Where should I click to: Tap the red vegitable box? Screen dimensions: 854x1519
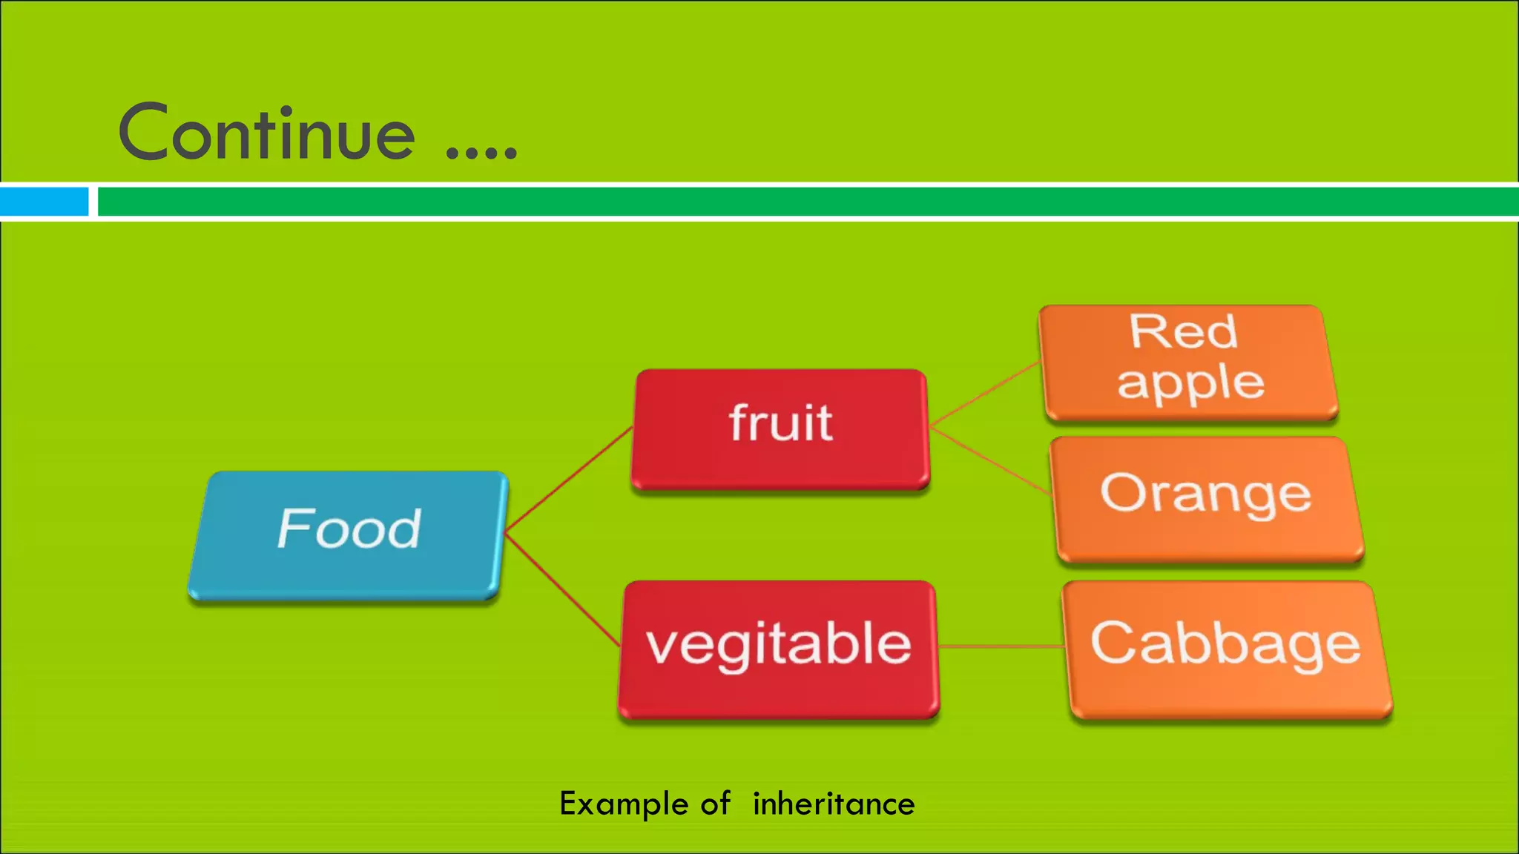pos(779,648)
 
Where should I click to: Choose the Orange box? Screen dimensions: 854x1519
pos(1207,497)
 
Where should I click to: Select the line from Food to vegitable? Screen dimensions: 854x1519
pos(562,589)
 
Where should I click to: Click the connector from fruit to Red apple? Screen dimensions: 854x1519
pos(985,394)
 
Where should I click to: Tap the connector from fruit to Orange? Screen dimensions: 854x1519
pos(990,460)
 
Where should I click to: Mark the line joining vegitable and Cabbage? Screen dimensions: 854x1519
pos(1001,646)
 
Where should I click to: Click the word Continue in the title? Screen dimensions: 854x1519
pos(267,133)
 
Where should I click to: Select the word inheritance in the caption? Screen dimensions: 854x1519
pos(834,804)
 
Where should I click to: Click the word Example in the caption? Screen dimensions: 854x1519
pos(624,805)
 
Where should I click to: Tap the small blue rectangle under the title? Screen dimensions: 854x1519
pos(44,202)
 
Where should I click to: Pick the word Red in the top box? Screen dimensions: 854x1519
pos(1184,331)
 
